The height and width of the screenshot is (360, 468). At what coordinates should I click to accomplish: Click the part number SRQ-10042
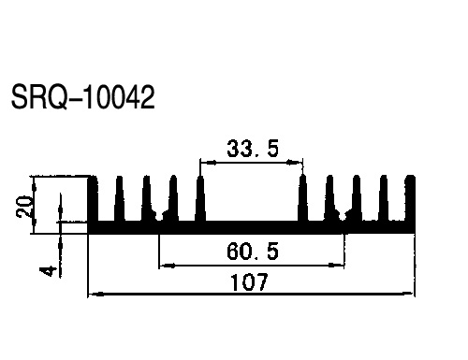click(x=82, y=97)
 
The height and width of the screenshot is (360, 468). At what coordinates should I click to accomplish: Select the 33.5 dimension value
click(x=253, y=149)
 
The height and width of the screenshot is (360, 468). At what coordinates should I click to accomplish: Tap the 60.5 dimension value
click(x=253, y=252)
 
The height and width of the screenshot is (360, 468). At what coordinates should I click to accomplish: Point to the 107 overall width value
click(x=249, y=281)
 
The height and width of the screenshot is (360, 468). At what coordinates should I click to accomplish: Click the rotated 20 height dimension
click(x=24, y=207)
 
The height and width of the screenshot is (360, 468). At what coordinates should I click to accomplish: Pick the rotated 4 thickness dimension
click(x=49, y=270)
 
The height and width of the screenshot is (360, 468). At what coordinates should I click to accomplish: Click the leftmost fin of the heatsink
click(x=93, y=198)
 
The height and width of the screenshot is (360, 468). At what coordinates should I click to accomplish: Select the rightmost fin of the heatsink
click(x=410, y=198)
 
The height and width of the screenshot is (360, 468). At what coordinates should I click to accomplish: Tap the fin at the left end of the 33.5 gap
click(x=200, y=198)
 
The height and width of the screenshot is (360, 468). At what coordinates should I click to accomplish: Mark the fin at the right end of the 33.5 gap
click(x=303, y=198)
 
